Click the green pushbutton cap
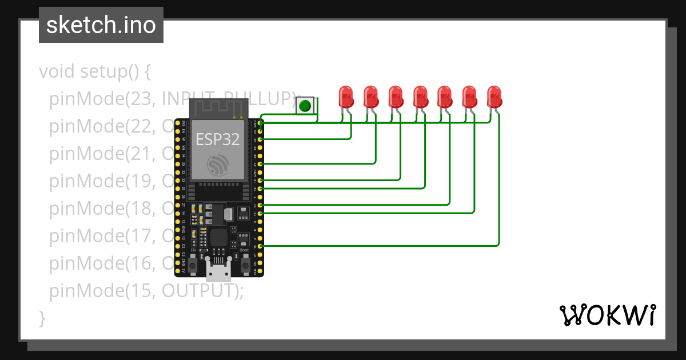click(305, 106)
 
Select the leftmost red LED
click(345, 97)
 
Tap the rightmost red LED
click(494, 97)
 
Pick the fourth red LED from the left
click(420, 97)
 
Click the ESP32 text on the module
click(217, 139)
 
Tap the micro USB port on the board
click(220, 272)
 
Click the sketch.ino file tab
click(101, 25)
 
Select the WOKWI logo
click(607, 315)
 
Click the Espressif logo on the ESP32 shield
click(218, 165)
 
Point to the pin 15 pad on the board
click(261, 245)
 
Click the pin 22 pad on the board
click(261, 139)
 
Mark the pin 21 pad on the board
click(261, 163)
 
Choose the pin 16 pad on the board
click(261, 213)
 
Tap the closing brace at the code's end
click(42, 318)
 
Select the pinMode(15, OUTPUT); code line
click(146, 291)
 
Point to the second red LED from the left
click(370, 97)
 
